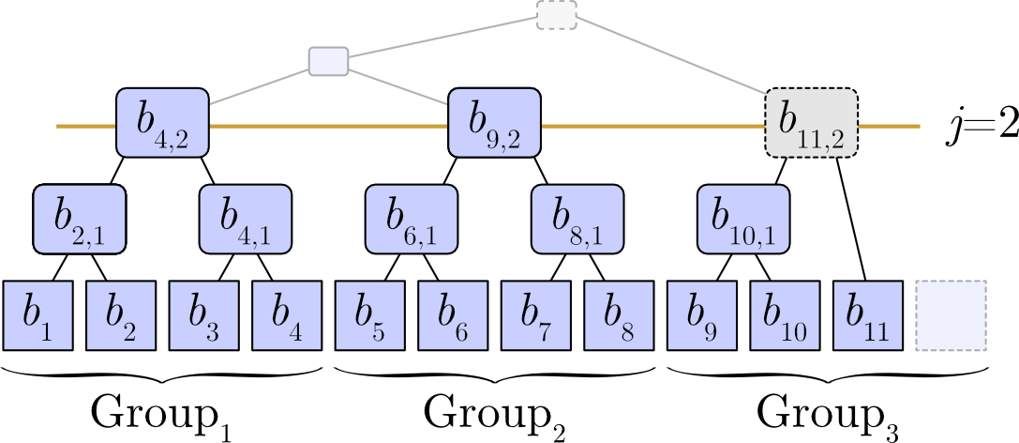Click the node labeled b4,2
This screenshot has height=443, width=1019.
pyautogui.click(x=162, y=123)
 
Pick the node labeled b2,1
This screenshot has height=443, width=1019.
pyautogui.click(x=79, y=219)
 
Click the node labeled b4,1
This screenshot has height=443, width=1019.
pyautogui.click(x=246, y=219)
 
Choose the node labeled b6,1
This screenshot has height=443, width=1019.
pyautogui.click(x=412, y=219)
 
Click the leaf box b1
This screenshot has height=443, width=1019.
pyautogui.click(x=37, y=315)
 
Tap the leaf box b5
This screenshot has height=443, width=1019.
pyautogui.click(x=370, y=315)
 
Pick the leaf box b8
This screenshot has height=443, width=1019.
pyautogui.click(x=619, y=315)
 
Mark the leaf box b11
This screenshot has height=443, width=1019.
pyautogui.click(x=868, y=315)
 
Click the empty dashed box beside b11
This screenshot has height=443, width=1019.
pyautogui.click(x=951, y=315)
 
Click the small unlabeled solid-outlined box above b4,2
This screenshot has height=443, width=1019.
pyautogui.click(x=329, y=61)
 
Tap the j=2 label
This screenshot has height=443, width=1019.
pyautogui.click(x=981, y=126)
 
